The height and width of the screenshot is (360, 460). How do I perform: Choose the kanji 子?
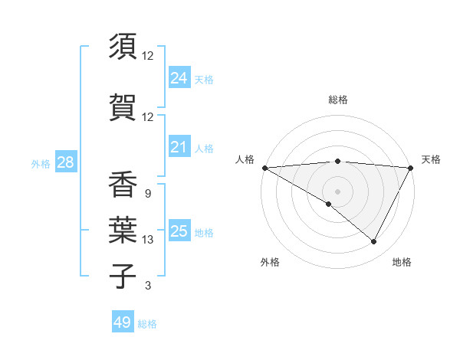tap(123, 276)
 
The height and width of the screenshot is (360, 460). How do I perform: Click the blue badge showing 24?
tap(179, 78)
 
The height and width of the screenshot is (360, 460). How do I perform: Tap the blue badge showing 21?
tap(179, 147)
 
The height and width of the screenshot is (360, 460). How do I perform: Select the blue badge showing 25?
tap(179, 231)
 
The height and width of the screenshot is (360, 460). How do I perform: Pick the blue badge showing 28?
tap(65, 162)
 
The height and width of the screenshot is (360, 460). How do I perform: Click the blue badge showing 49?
tap(122, 322)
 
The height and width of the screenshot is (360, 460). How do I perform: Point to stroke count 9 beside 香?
tap(147, 193)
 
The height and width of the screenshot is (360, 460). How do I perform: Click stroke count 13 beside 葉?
tap(148, 240)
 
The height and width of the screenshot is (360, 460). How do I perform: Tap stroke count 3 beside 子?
tap(148, 286)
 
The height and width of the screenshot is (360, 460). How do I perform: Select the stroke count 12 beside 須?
tap(148, 55)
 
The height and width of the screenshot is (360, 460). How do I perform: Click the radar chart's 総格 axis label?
tap(337, 100)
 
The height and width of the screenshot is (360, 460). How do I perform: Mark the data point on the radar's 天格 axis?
tap(412, 168)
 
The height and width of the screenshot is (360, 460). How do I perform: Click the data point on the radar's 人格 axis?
tap(264, 168)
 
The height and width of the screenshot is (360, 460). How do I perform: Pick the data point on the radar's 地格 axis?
tap(374, 242)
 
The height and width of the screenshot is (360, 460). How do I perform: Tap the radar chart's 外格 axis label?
tap(270, 263)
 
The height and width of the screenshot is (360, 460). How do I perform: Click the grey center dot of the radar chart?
tap(337, 191)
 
